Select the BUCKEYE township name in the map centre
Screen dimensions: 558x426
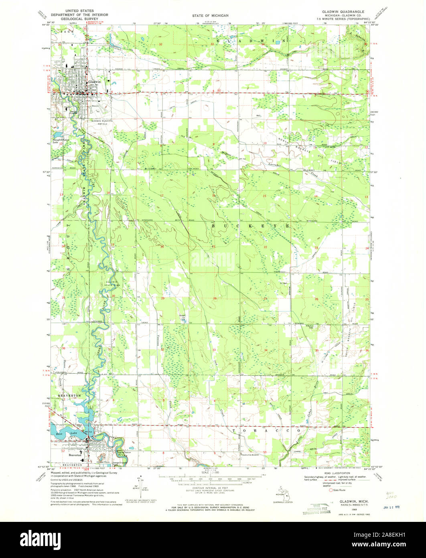coord(250,226)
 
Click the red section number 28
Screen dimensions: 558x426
coord(215,298)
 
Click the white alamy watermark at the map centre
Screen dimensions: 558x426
coord(213,261)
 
